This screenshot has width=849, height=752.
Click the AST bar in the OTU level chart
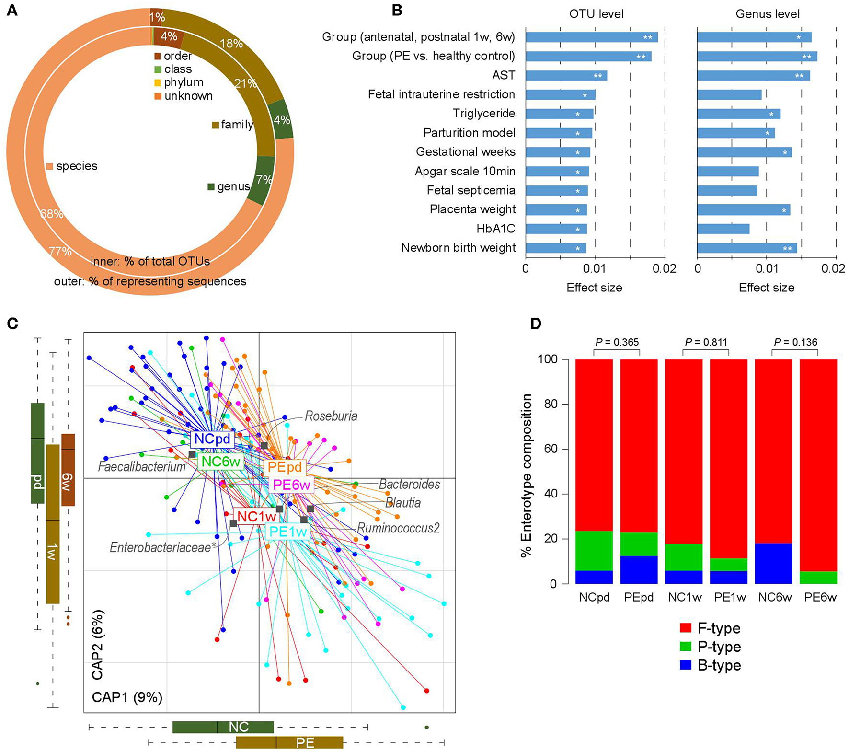point(566,76)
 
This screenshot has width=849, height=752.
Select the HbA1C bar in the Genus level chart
point(723,229)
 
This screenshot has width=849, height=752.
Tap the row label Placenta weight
point(472,209)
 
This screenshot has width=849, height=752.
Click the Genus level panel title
point(767,14)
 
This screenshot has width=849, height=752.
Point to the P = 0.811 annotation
point(706,342)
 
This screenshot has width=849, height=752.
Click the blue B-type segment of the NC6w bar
point(773,563)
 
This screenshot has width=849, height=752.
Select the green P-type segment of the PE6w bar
point(818,577)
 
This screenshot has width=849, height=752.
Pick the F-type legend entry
point(711,628)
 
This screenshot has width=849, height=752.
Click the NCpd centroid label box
point(212,439)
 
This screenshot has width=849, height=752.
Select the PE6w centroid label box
point(291,485)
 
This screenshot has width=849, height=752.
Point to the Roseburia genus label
point(331,416)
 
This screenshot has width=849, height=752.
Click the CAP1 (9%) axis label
point(127,697)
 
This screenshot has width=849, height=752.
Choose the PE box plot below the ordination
point(289,743)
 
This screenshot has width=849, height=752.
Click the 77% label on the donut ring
point(60,251)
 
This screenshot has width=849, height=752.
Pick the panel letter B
point(397,10)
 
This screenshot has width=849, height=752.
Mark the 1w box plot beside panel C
point(53,524)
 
